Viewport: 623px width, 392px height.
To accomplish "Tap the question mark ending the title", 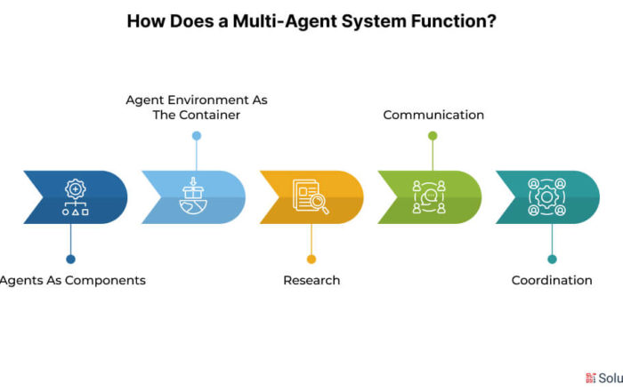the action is pos(492,21).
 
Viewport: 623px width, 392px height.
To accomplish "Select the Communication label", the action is pos(433,115).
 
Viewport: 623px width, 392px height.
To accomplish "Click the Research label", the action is pos(311,280).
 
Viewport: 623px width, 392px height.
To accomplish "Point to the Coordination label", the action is pos(552,280).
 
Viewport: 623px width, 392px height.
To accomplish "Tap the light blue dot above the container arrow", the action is pos(197,136).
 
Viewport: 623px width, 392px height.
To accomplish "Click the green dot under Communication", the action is pos(433,136).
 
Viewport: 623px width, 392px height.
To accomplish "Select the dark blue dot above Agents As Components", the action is pos(70,259).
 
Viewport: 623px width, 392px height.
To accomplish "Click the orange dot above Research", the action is pos(311,259).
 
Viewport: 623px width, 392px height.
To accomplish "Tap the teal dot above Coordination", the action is pos(552,259).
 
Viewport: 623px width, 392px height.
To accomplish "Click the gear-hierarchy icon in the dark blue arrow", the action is pos(76,197).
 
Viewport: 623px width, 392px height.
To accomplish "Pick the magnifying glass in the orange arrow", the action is pos(320,204).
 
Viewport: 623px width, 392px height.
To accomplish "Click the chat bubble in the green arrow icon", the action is pos(430,196).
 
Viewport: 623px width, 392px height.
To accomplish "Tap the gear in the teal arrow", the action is pos(546,196).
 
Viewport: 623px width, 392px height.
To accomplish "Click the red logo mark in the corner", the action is pos(590,378).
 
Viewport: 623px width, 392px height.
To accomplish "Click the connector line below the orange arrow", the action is pos(311,239).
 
